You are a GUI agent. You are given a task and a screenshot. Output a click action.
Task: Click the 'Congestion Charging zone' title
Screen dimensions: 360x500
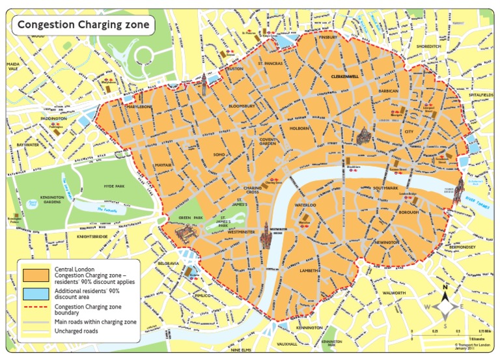[83, 25]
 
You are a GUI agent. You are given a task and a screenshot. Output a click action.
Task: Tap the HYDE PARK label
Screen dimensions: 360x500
[113, 186]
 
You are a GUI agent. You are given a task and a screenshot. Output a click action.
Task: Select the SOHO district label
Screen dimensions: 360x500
[219, 154]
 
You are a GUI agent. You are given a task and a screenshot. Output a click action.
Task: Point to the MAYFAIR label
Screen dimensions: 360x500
[163, 165]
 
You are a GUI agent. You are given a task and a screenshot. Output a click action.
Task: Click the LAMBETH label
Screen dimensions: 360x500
[309, 270]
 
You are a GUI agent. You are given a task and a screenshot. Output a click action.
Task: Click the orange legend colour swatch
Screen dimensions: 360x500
[36, 275]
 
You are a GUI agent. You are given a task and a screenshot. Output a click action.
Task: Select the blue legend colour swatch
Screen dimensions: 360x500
[36, 292]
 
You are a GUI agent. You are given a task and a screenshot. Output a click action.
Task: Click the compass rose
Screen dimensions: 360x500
[445, 305]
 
